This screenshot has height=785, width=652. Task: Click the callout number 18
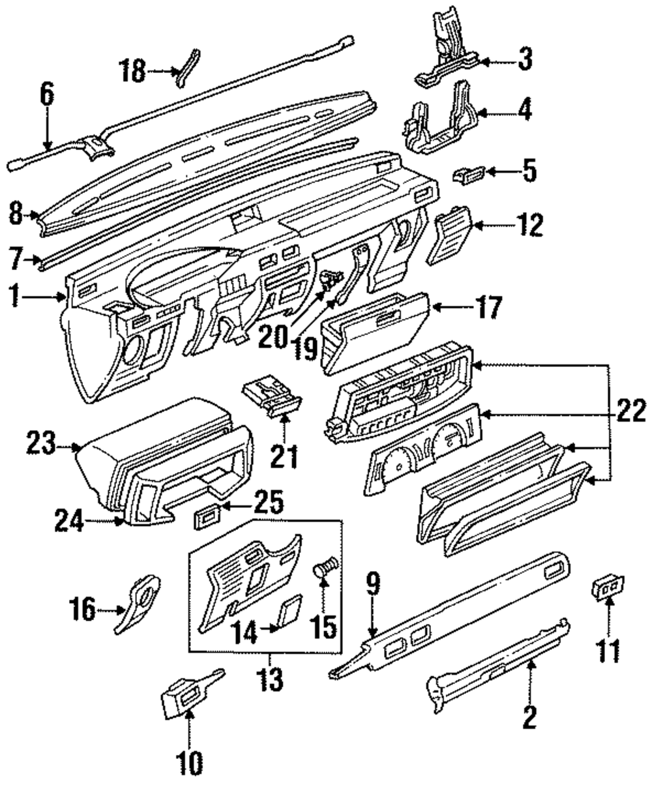tap(132, 72)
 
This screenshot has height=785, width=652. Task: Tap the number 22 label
tap(630, 411)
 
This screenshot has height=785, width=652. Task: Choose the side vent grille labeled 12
tap(451, 235)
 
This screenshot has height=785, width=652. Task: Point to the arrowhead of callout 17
tap(436, 308)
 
